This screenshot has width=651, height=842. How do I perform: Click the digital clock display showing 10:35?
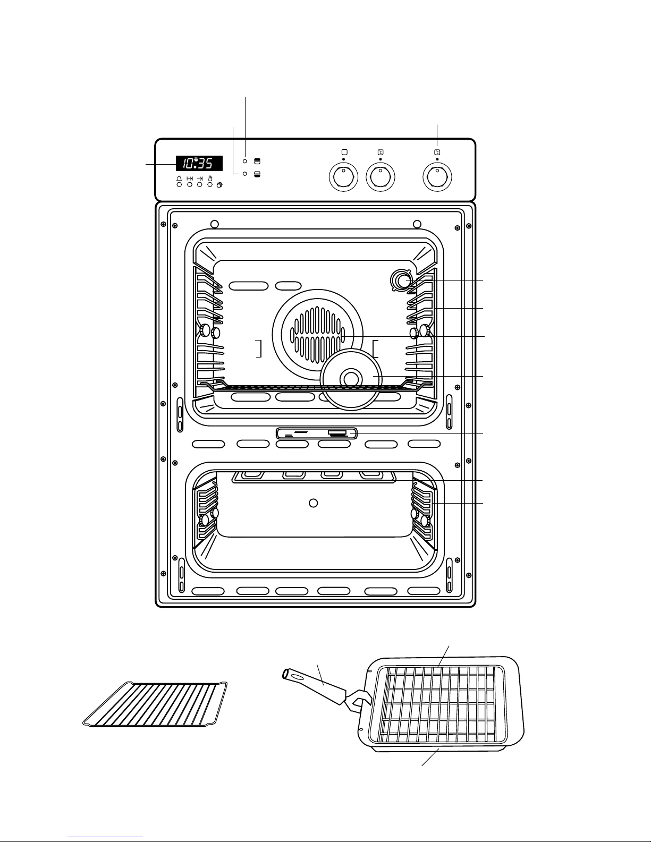click(x=199, y=163)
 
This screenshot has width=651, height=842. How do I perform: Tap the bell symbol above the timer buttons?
click(x=179, y=178)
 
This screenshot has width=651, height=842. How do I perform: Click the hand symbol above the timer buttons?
click(x=210, y=178)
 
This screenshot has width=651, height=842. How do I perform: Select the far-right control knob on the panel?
click(x=437, y=177)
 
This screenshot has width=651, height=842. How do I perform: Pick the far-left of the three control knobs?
click(x=343, y=177)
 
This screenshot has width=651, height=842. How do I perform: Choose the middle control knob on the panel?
click(x=381, y=177)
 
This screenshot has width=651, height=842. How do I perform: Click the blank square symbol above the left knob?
click(x=344, y=152)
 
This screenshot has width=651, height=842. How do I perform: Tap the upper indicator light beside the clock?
click(x=245, y=160)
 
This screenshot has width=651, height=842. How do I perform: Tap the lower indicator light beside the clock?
click(x=244, y=174)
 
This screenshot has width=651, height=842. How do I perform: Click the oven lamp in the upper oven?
click(x=402, y=280)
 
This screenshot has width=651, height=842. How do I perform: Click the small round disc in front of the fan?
click(x=351, y=379)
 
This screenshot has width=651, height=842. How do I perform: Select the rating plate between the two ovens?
click(x=317, y=433)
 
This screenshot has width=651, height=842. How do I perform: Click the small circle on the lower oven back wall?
click(x=313, y=503)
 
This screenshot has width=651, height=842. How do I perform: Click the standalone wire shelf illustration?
click(x=155, y=704)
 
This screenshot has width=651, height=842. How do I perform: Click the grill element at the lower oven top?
click(x=314, y=477)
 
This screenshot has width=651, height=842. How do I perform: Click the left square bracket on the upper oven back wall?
click(x=259, y=348)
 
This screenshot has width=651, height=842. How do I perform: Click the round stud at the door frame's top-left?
click(x=214, y=224)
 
